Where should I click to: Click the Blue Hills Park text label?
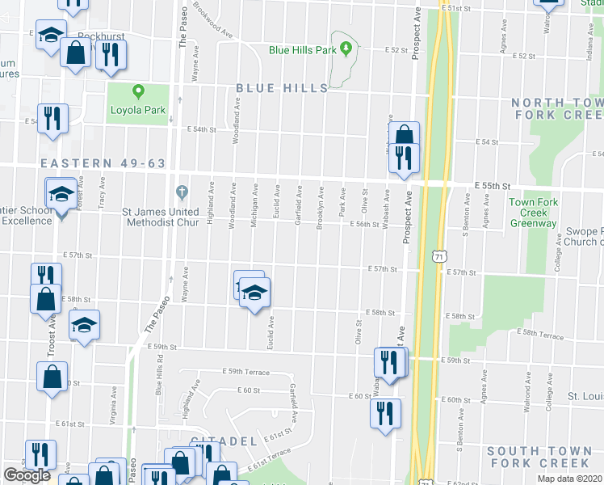coord(302,50)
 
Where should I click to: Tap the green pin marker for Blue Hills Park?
coord(346,49)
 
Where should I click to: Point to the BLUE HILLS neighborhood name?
coord(282,88)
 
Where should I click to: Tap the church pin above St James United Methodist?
coord(182,192)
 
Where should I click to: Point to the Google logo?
coord(27,475)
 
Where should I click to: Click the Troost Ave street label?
coord(51,332)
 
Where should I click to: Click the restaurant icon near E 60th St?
coord(384,411)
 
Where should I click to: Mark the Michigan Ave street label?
coord(254,206)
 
